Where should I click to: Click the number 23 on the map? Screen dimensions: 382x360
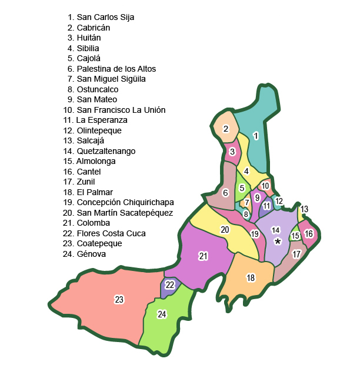pos(119,300)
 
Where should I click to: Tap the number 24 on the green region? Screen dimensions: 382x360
pos(162,314)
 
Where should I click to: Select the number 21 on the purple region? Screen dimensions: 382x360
pos(204,256)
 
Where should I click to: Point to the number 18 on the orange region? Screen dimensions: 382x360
pos(251,277)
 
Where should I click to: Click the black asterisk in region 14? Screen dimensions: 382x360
pos(278,241)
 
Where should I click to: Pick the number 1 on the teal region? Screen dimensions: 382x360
pos(256,136)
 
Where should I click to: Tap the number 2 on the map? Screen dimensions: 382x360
pos(226,129)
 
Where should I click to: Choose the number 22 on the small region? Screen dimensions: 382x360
pos(170,285)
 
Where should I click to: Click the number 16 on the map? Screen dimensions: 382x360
pos(309,234)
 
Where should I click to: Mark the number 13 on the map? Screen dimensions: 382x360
pos(304,209)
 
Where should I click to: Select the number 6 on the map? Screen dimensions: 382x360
pos(225,192)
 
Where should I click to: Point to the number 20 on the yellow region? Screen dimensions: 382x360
pos(225,230)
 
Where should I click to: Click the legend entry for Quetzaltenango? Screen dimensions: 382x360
pos(106,151)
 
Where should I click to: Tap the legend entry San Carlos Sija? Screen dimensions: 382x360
pos(105,17)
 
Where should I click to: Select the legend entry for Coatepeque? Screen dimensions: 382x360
pos(99,244)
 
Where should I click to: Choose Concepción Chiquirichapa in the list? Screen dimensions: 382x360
pos(125,203)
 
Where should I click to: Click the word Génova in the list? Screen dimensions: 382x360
pos(91,254)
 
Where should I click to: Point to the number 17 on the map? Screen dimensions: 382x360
pos(296,254)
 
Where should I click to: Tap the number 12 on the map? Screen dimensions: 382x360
pos(279,202)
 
